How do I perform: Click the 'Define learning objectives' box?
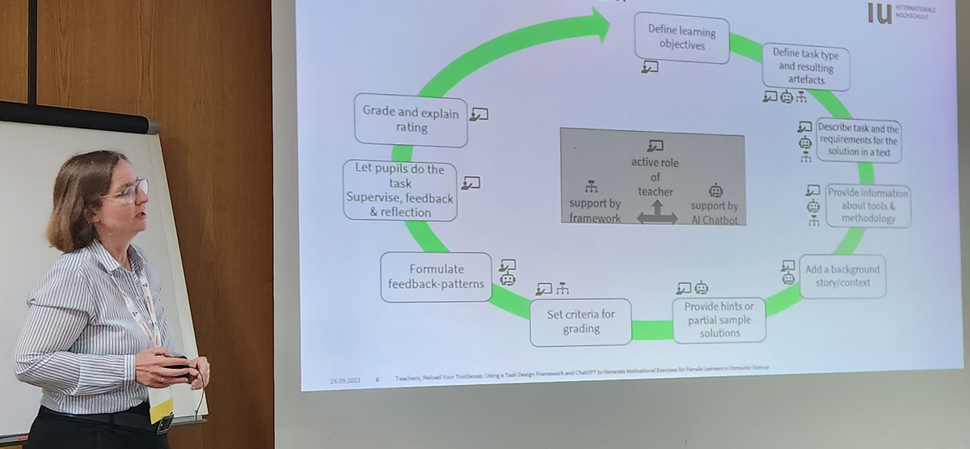click(681, 37)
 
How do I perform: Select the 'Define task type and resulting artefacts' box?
click(806, 66)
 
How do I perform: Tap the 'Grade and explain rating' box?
click(411, 120)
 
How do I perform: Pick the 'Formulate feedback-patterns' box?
click(436, 277)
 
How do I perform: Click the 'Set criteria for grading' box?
click(581, 321)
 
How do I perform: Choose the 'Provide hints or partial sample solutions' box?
click(719, 320)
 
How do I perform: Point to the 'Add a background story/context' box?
click(841, 277)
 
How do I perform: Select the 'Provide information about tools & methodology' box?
click(867, 205)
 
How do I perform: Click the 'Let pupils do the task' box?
click(399, 190)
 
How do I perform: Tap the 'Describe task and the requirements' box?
click(858, 141)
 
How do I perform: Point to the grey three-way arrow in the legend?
click(656, 213)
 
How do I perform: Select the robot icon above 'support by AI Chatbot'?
click(715, 190)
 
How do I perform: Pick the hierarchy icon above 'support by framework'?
click(591, 186)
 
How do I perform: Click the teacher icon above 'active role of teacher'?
click(655, 146)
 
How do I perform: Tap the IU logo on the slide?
click(879, 12)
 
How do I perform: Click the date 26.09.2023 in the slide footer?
click(344, 379)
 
